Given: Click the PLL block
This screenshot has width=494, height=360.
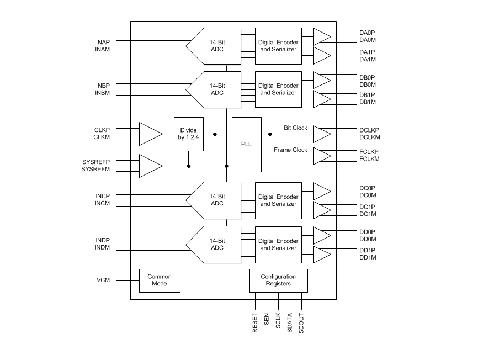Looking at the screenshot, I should pyautogui.click(x=246, y=145).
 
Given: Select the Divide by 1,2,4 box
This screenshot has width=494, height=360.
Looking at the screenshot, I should pyautogui.click(x=188, y=134).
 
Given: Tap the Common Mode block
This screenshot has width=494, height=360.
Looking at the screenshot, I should pyautogui.click(x=160, y=280).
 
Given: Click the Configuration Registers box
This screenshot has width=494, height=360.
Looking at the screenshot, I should pyautogui.click(x=278, y=280).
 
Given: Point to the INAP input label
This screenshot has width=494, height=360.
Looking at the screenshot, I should pyautogui.click(x=102, y=42).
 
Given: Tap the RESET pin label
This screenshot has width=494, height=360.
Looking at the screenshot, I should pyautogui.click(x=255, y=322).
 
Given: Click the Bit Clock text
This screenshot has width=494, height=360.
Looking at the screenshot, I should pyautogui.click(x=295, y=128).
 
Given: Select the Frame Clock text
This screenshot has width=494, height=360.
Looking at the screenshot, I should pyautogui.click(x=290, y=150).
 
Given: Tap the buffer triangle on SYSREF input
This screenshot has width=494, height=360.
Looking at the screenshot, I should pyautogui.click(x=149, y=166).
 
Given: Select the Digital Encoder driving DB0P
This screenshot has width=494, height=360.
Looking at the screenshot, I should pyautogui.click(x=278, y=89).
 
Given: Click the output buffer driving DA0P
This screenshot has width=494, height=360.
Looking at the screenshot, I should pyautogui.click(x=321, y=36).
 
